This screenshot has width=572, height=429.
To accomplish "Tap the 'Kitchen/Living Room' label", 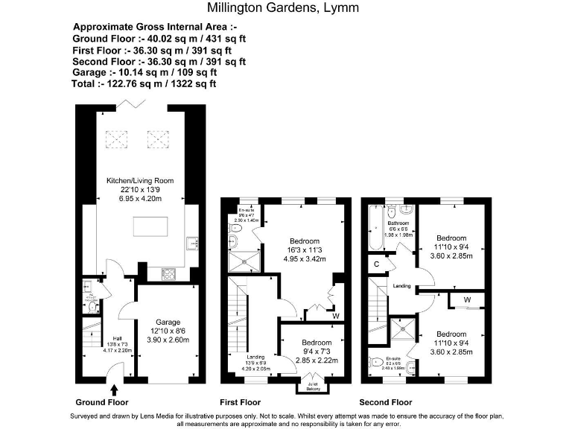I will (140, 180).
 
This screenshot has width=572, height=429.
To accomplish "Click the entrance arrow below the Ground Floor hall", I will (113, 389).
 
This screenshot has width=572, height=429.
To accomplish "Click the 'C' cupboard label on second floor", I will (377, 264).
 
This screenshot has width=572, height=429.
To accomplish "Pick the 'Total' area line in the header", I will (144, 84).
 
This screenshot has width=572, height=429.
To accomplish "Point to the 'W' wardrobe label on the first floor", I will (336, 314).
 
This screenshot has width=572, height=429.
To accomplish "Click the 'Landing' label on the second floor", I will (401, 285).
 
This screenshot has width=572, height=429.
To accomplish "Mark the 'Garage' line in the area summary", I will (145, 73).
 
